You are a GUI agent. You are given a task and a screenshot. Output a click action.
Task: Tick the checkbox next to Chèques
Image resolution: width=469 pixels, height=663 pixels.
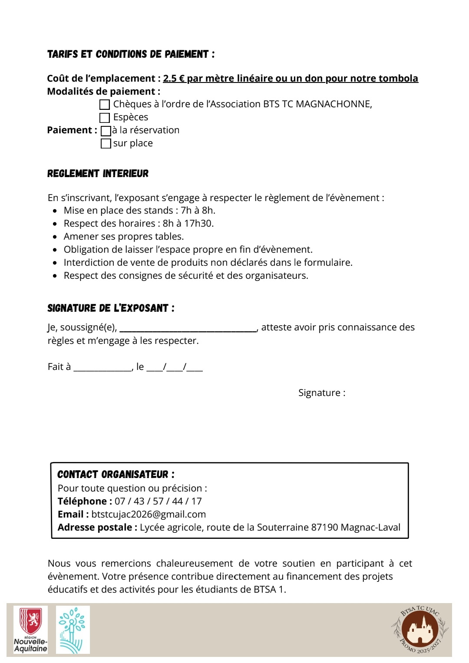click(105, 105)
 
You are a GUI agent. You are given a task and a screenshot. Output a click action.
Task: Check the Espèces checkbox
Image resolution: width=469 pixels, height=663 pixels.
click(105, 118)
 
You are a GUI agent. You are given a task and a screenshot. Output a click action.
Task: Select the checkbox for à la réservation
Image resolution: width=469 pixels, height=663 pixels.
click(106, 131)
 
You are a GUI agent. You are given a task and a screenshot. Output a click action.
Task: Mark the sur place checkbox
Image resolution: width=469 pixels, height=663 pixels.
click(106, 144)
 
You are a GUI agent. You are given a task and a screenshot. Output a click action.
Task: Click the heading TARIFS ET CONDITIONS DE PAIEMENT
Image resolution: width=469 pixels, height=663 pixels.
click(131, 54)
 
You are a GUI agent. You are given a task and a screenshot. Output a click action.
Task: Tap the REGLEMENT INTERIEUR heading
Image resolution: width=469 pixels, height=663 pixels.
click(98, 174)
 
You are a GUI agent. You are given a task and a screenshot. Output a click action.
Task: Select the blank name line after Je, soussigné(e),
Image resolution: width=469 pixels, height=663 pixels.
click(188, 329)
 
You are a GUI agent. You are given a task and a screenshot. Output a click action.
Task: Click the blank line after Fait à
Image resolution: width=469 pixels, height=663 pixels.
click(102, 368)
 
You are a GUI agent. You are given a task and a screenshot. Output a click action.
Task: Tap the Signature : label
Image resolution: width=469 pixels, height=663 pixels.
click(322, 393)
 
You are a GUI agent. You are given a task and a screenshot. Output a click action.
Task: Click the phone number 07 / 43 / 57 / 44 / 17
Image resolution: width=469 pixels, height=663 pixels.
click(158, 501)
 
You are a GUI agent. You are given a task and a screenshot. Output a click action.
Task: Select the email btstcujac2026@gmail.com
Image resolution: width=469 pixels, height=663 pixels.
click(149, 515)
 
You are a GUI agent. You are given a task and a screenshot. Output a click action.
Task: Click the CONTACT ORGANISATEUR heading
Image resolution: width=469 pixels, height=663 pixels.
click(116, 475)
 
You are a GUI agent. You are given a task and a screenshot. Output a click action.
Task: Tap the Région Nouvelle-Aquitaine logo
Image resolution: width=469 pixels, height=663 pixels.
click(30, 630)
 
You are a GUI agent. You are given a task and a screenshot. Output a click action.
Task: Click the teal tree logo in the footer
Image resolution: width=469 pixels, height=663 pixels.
click(73, 630)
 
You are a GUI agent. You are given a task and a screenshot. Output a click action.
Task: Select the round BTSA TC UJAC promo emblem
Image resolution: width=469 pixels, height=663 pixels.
click(419, 630)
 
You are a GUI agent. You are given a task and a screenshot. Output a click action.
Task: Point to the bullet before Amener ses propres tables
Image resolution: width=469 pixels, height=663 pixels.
click(55, 237)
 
